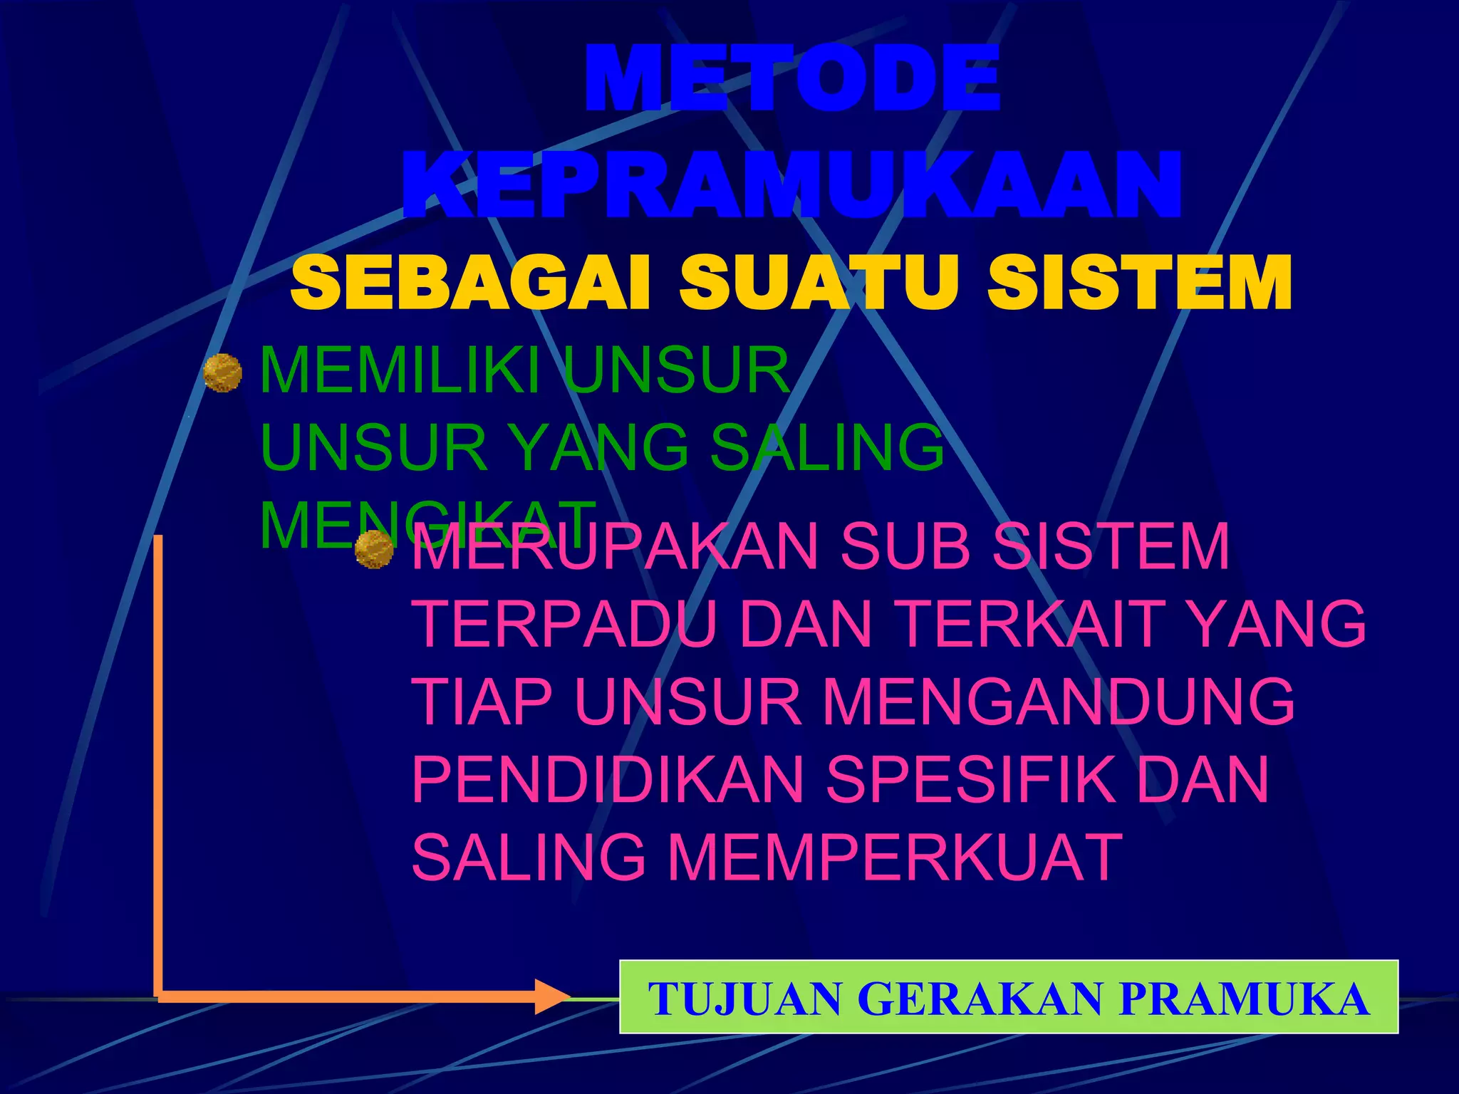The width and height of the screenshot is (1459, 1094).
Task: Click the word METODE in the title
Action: [792, 78]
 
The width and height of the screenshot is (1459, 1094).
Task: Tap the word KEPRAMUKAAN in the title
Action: [792, 185]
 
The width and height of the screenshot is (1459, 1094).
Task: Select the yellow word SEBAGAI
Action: [470, 283]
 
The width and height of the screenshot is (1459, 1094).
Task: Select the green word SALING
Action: [826, 447]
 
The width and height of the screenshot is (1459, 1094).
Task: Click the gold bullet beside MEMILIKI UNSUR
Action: [222, 373]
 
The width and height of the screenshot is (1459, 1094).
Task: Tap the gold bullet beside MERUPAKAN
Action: [374, 549]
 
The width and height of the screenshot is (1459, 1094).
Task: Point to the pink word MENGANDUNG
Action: [1058, 702]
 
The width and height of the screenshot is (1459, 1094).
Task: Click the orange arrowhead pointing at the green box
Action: [552, 996]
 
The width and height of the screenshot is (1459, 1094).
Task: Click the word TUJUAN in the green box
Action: [744, 999]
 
